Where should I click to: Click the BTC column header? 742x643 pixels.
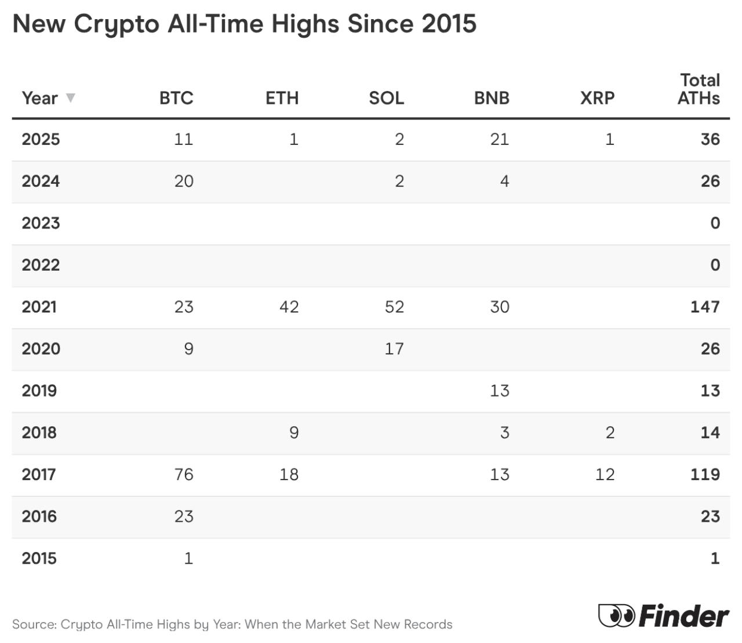pos(176,98)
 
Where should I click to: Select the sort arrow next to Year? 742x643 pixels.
pos(71,97)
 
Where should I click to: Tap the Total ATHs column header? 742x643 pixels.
pos(699,89)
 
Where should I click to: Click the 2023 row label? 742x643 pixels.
pos(41,223)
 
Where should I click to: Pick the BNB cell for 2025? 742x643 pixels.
pos(499,139)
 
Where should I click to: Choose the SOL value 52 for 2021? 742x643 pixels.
pos(394,307)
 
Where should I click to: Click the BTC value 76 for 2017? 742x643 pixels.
pos(184,474)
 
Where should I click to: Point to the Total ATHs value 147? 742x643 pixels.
pos(704,307)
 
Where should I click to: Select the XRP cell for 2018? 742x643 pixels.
pos(610,433)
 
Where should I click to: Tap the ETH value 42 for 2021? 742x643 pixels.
pos(289,307)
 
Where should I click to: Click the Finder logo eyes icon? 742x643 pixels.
pos(616,615)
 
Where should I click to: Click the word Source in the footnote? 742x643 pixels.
pos(32,624)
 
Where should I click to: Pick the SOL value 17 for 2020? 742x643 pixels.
pos(394,349)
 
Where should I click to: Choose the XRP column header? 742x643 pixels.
pos(597,98)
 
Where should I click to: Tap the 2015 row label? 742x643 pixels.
pos(39,558)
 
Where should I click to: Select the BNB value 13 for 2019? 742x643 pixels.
pos(499,391)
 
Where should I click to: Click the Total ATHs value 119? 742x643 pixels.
pos(704,474)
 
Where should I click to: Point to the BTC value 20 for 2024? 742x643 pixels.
pos(184,181)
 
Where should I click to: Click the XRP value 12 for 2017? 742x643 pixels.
pos(605,474)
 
